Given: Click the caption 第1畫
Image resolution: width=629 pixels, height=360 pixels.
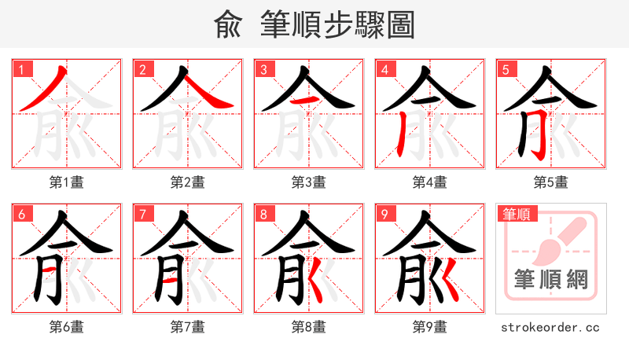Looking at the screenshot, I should [x=67, y=182].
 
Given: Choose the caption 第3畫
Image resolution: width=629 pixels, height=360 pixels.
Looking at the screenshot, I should [x=309, y=182].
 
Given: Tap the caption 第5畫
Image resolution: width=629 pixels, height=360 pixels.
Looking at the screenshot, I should [x=551, y=182].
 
